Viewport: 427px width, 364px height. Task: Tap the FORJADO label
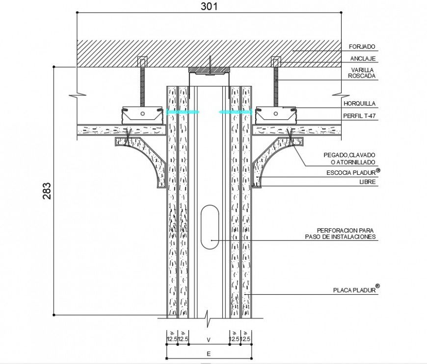click(x=362, y=47)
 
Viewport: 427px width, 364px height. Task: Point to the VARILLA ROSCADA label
click(x=362, y=73)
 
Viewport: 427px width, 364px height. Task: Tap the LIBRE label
click(x=367, y=182)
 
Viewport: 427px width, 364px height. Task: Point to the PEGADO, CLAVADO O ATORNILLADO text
click(x=349, y=158)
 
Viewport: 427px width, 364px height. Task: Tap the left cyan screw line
click(x=183, y=112)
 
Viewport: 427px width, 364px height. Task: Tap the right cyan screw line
click(x=236, y=112)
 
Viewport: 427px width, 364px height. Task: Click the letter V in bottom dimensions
click(x=209, y=339)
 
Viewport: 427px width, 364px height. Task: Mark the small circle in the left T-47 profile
click(x=142, y=113)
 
